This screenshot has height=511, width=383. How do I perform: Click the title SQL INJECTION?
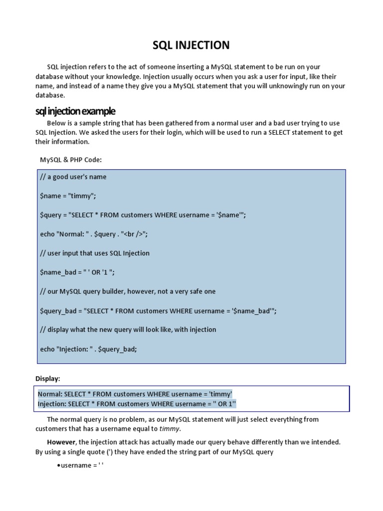(191, 45)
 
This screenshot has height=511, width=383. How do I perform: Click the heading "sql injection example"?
(75, 110)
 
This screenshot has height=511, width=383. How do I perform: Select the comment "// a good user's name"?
(73, 177)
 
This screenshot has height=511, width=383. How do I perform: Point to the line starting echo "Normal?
(94, 234)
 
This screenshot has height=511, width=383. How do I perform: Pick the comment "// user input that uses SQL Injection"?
(95, 253)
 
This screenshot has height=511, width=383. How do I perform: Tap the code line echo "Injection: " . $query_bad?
(88, 349)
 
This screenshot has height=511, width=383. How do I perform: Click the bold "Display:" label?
(47, 378)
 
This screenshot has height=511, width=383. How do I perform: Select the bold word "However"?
(61, 442)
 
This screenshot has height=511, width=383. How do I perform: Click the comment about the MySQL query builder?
(128, 291)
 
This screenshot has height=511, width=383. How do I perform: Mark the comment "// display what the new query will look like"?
(128, 330)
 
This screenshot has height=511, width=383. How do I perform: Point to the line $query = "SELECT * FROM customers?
(143, 215)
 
